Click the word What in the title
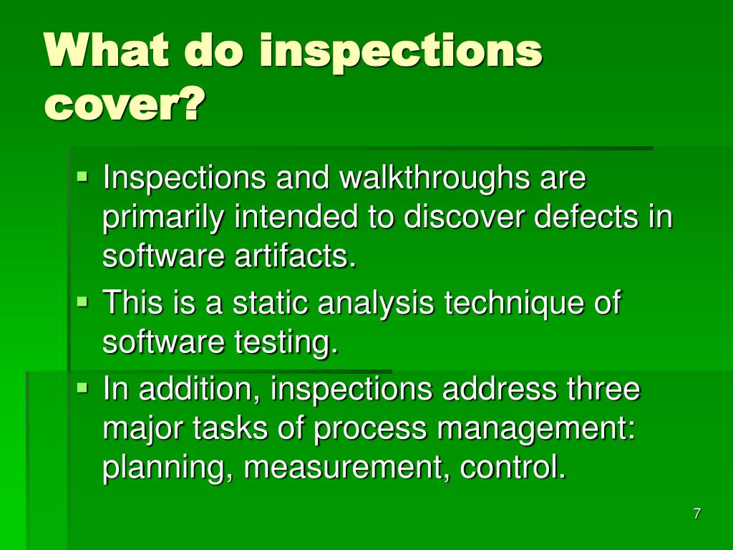pyautogui.click(x=107, y=50)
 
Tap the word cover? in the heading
pyautogui.click(x=125, y=103)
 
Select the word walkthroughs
pyautogui.click(x=435, y=178)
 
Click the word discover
pyautogui.click(x=464, y=216)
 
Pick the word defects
pyautogui.click(x=586, y=216)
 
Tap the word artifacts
pyautogui.click(x=295, y=256)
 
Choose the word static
pyautogui.click(x=270, y=303)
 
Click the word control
pyautogui.click(x=513, y=467)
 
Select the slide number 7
pyautogui.click(x=697, y=513)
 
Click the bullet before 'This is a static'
pyautogui.click(x=82, y=301)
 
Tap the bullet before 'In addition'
pyautogui.click(x=82, y=387)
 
